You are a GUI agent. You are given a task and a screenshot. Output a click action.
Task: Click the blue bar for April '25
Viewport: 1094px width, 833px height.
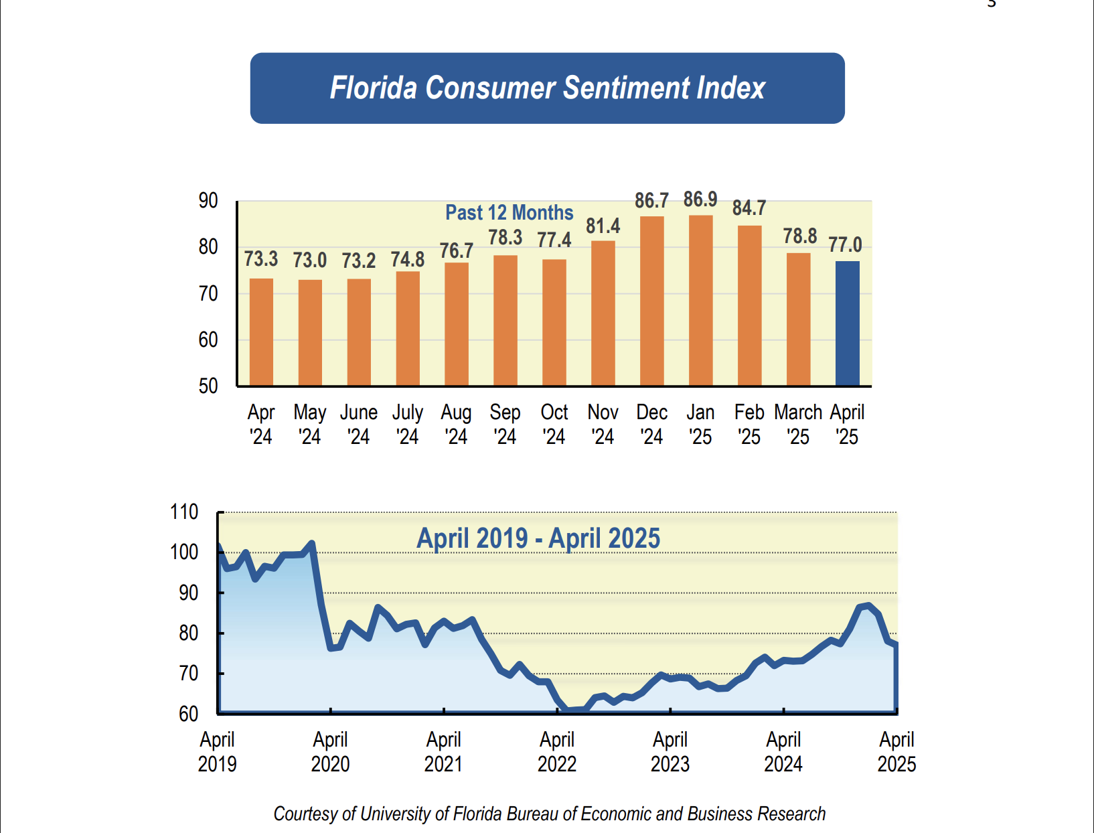(847, 323)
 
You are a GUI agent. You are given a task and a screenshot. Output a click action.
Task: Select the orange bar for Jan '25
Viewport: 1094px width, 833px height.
(700, 301)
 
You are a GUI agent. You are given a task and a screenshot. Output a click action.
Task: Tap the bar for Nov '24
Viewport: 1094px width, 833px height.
(603, 313)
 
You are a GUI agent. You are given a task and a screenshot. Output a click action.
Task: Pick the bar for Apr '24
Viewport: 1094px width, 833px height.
(261, 332)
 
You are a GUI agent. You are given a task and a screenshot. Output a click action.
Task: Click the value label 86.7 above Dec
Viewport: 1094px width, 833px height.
(651, 200)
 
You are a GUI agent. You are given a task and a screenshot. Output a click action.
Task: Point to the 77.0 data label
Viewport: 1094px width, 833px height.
(845, 244)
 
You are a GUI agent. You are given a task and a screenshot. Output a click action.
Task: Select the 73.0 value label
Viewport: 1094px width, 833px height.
(309, 260)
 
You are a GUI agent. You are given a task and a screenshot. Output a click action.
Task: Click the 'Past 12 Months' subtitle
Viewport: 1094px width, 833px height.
(509, 213)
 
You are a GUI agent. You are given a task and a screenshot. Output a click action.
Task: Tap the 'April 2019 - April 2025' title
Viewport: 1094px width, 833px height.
(538, 538)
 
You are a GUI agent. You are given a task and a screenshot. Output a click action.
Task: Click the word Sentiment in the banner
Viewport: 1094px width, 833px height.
(625, 88)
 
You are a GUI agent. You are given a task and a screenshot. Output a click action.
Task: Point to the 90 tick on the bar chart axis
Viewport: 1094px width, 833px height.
(208, 200)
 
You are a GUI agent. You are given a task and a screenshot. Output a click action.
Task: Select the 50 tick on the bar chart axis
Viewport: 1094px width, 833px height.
(208, 386)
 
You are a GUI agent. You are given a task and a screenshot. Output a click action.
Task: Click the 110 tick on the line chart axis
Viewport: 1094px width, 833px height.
(184, 512)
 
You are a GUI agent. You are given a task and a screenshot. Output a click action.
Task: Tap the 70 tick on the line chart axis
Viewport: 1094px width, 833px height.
(188, 673)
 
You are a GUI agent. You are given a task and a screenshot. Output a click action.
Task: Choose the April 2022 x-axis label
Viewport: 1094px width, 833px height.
(557, 751)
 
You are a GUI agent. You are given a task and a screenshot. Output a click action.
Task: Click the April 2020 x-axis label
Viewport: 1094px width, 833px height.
(330, 751)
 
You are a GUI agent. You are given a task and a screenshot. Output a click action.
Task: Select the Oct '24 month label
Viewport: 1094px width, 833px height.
(554, 424)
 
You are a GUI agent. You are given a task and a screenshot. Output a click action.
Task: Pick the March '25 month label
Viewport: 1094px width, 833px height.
(798, 424)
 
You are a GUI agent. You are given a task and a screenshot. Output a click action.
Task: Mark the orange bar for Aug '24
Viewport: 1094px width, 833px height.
(456, 324)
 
